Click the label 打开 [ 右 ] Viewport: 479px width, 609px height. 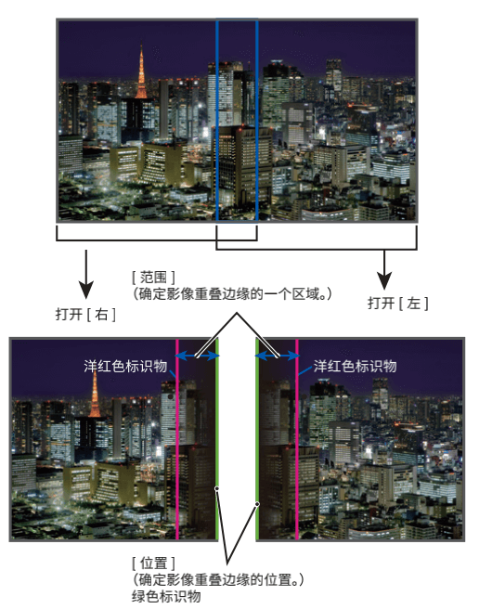tap(85, 314)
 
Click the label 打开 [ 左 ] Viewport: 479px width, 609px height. tap(398, 303)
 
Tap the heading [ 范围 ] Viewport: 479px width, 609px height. tap(153, 278)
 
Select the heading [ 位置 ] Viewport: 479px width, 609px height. tap(153, 563)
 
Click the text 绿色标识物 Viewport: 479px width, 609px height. tap(166, 595)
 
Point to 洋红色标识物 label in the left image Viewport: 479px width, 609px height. tap(125, 366)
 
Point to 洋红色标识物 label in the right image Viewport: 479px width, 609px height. tap(355, 366)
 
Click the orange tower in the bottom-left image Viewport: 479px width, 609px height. tap(95, 394)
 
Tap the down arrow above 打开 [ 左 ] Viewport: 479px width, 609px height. tap(384, 269)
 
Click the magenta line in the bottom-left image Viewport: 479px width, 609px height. tap(177, 439)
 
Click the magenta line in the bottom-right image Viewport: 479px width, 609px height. tap(297, 439)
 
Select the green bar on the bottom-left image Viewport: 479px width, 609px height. tap(217, 439)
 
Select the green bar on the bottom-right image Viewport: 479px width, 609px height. tap(257, 439)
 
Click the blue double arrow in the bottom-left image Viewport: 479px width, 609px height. tap(197, 356)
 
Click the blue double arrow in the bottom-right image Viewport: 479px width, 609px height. tap(277, 356)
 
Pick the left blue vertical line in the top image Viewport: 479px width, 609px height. tap(217, 120)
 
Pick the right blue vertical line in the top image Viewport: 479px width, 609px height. tap(257, 120)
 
